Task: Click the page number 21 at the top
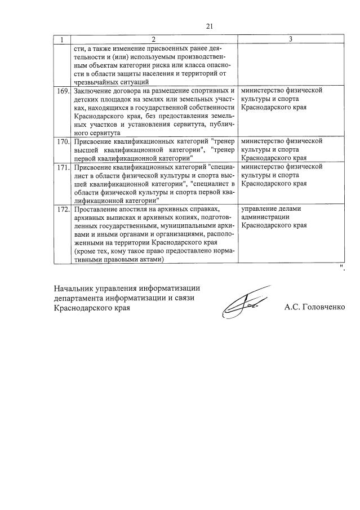click(x=210, y=26)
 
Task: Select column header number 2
click(x=153, y=39)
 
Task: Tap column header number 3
click(x=290, y=39)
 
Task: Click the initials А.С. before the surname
click(x=292, y=308)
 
